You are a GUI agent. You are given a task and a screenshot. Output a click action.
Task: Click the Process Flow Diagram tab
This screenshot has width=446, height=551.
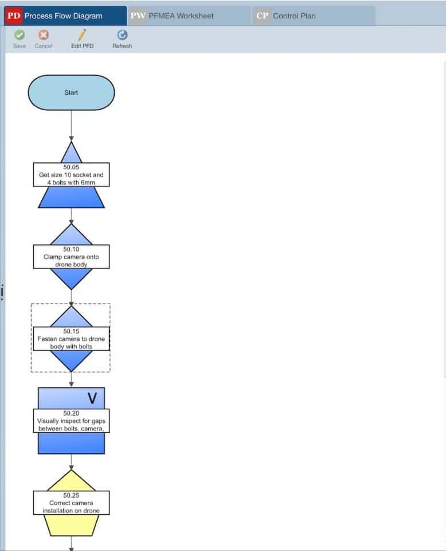tap(65, 16)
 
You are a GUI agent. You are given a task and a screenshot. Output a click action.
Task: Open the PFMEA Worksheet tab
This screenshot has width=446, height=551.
tap(190, 16)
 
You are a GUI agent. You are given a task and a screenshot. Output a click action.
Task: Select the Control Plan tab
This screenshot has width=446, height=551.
tap(314, 16)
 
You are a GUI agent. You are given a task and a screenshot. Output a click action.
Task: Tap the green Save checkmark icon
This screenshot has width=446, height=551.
tap(19, 35)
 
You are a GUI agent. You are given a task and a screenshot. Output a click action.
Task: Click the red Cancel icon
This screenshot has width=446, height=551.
tap(44, 35)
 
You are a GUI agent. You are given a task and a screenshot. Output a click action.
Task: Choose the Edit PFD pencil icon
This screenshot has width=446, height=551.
tap(82, 35)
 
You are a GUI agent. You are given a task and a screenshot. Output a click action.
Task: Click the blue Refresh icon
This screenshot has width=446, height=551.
tap(122, 35)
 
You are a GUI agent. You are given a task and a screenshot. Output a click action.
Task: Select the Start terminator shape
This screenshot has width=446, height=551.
tap(71, 92)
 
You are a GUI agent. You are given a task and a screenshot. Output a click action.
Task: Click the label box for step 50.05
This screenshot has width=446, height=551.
tap(71, 174)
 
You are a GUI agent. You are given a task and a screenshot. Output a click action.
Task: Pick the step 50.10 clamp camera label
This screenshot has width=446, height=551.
tap(71, 257)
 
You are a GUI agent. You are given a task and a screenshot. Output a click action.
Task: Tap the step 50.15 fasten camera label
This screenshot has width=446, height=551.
tap(71, 339)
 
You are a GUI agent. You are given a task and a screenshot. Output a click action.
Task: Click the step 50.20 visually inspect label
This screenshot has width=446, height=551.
tap(71, 421)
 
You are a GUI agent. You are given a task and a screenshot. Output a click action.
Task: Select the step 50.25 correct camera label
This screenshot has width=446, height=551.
tap(71, 503)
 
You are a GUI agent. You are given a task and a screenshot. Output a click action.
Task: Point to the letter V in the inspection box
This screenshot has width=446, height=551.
tap(92, 398)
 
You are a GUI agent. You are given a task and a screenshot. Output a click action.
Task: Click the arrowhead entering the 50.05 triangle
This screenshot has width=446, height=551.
tap(71, 139)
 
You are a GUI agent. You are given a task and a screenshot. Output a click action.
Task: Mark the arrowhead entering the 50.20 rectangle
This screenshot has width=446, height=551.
tap(71, 385)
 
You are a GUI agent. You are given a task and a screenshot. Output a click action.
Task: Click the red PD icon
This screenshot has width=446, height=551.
tap(14, 16)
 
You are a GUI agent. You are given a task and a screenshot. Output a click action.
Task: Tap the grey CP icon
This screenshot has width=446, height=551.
tap(262, 16)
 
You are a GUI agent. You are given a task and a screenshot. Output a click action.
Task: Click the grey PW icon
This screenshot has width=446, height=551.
tap(138, 16)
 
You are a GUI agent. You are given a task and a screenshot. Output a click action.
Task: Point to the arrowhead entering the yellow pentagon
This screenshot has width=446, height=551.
tap(71, 467)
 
